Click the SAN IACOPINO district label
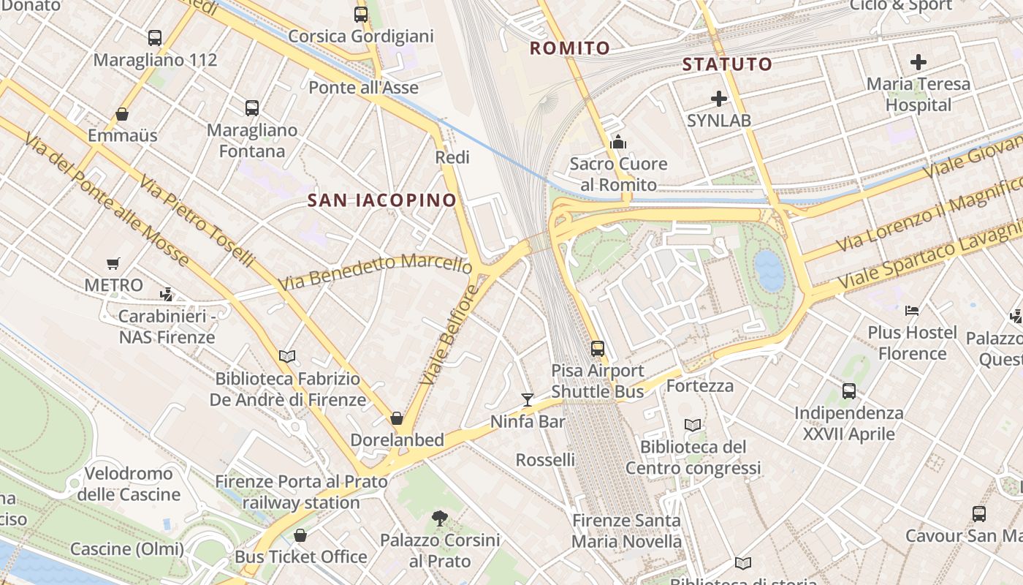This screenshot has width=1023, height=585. point(381,200)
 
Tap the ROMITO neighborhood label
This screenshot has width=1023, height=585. point(569,48)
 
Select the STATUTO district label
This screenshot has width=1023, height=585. point(727,64)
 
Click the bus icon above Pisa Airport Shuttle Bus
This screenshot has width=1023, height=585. point(598,349)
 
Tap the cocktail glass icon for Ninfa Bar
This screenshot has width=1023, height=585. point(528,399)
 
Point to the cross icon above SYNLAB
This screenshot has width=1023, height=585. point(719,98)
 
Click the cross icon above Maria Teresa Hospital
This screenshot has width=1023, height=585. point(919,62)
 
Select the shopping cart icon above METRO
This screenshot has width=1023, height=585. point(113,263)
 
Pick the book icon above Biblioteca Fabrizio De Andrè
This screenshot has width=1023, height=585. point(287,356)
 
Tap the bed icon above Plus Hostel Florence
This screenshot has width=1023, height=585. point(911,310)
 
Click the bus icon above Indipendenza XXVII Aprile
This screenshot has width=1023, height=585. point(849,390)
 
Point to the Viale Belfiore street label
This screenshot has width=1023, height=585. point(449,335)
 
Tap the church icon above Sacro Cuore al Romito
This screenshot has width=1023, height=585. point(618,142)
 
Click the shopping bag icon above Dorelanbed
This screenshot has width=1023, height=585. point(397,418)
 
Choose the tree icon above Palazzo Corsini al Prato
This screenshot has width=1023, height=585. point(440,518)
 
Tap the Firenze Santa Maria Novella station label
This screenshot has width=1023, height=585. point(626,531)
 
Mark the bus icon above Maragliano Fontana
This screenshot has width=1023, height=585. point(252,108)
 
